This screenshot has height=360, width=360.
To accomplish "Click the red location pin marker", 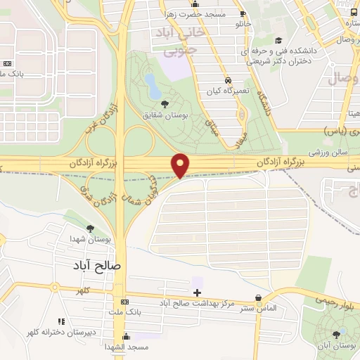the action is (x=181, y=165).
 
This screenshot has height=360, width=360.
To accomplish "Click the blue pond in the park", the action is (x=153, y=85).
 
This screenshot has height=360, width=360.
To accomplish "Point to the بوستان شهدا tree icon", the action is (x=90, y=228).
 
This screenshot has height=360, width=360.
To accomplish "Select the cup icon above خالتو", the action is (x=243, y=13).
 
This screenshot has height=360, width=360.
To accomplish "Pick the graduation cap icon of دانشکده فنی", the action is (x=279, y=41).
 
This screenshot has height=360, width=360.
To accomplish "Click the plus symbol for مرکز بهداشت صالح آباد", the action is (x=197, y=292).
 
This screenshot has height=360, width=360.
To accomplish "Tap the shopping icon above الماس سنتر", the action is (x=259, y=298).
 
